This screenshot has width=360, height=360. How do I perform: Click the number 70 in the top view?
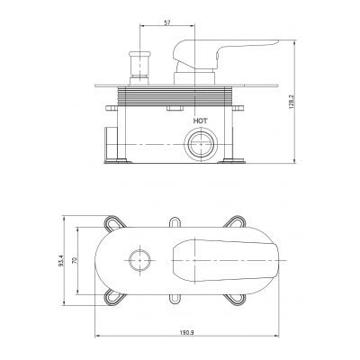point(76,261)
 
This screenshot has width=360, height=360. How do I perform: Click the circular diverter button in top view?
point(139,261)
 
